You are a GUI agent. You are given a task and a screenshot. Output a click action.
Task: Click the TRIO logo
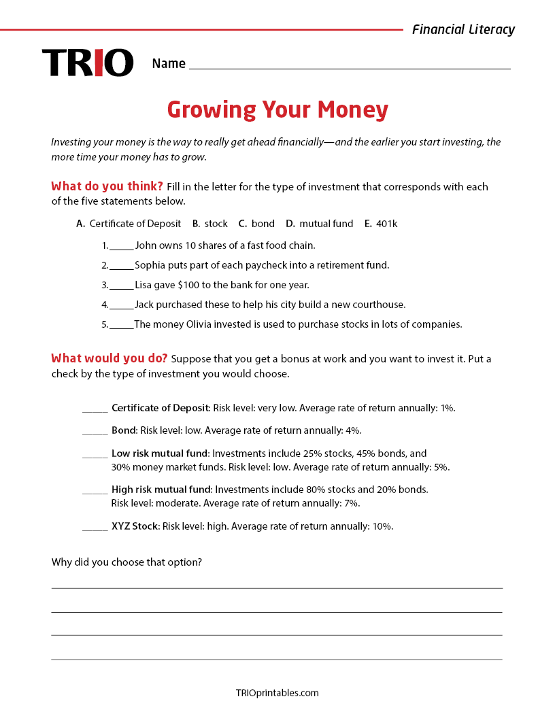tap(88, 63)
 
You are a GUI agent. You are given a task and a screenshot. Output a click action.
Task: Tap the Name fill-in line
tap(349, 64)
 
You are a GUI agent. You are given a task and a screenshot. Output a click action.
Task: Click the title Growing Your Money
tap(277, 109)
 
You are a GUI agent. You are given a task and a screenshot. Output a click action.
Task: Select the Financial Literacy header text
tap(463, 29)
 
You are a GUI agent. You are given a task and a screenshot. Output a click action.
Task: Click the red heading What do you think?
tap(107, 186)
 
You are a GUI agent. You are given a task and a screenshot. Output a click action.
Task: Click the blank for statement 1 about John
tap(121, 246)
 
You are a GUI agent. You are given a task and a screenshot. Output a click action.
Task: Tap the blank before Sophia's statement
tap(121, 266)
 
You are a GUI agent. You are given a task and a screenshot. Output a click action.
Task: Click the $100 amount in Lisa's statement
tap(190, 285)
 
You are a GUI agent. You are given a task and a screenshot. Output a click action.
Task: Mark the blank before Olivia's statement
tap(121, 325)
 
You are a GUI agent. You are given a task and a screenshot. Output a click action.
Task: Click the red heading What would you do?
tap(110, 358)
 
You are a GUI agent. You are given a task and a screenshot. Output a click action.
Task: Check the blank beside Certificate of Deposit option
tap(95, 409)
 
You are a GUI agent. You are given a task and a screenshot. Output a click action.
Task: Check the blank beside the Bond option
tap(95, 431)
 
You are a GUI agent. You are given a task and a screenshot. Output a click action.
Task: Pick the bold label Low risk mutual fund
tap(161, 454)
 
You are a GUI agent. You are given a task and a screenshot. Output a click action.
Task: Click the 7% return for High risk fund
tap(352, 504)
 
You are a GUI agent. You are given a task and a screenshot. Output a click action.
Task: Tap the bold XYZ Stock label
tap(135, 526)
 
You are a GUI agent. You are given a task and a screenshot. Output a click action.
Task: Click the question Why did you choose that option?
tap(127, 562)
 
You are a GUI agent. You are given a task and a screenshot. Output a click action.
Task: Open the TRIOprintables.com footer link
tap(277, 693)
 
